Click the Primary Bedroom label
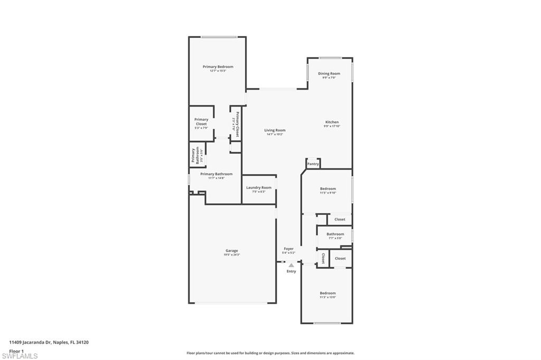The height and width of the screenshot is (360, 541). pos(218,67)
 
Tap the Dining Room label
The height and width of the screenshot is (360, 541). pos(329,74)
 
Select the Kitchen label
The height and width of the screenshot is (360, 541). pos(332,122)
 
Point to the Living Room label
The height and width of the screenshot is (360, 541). pos(275,130)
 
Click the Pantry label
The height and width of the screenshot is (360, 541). pos(313,164)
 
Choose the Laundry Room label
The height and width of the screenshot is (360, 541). pos(259,187)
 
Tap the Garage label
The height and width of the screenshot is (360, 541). pos(231,251)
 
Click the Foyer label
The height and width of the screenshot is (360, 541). pos(288,249)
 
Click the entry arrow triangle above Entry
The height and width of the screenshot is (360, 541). pos(291,265)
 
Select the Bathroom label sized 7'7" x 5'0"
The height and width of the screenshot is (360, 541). pos(335,234)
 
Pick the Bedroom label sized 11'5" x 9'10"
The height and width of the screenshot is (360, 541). pos(328,189)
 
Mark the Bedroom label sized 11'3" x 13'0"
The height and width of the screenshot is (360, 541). pos(328,293)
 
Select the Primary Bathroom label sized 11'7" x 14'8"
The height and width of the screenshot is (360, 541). pos(216,174)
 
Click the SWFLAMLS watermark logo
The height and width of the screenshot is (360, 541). pos(20,355)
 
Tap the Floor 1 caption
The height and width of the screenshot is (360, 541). pos(17,350)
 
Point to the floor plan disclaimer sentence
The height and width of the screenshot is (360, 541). pos(270,353)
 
